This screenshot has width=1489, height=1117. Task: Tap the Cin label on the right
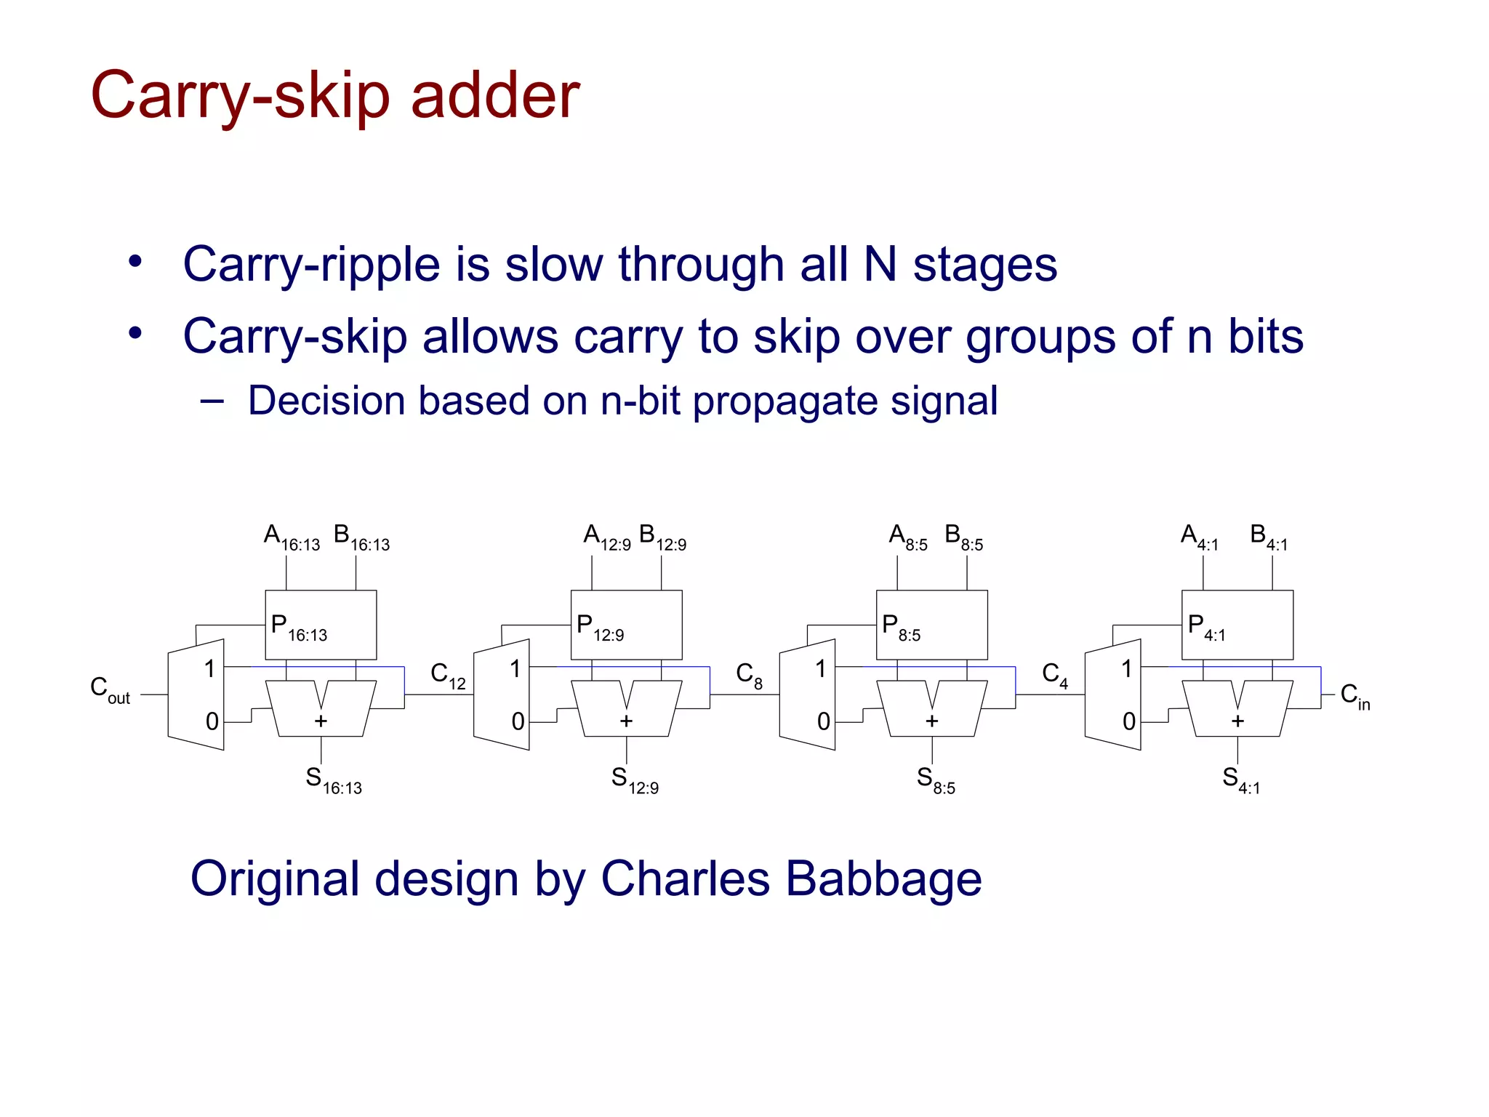point(1354,697)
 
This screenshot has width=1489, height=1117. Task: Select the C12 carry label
point(448,676)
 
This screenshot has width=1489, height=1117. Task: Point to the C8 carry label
point(749,676)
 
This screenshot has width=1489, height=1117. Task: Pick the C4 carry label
point(1054,676)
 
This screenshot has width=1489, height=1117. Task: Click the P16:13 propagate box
point(321,625)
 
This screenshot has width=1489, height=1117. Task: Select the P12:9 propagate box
point(626,625)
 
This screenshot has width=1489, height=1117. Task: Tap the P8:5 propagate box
point(931,625)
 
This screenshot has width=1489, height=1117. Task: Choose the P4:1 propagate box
point(1237,625)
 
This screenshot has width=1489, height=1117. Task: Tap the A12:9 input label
point(606,537)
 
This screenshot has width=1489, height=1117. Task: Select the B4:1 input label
point(1268,537)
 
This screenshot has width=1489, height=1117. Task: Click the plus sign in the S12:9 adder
point(626,721)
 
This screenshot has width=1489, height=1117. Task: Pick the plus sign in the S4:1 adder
point(1237,721)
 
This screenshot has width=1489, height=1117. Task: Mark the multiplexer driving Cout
point(196,694)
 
